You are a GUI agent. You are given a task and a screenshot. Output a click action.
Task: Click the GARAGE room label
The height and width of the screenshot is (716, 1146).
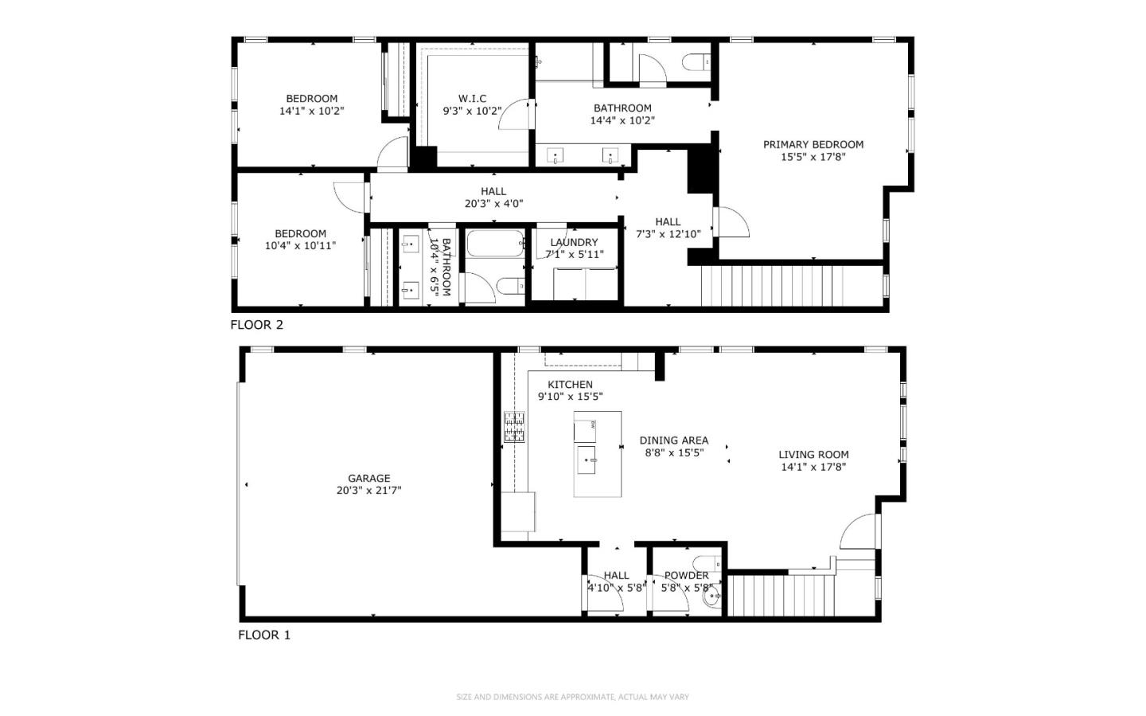point(368,479)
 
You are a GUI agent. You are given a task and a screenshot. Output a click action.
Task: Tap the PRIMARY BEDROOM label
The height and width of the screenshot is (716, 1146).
point(813,144)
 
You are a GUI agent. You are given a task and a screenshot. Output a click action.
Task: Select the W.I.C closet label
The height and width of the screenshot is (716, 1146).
point(472,99)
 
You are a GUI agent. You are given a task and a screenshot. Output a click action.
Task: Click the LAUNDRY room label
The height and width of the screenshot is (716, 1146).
point(574,242)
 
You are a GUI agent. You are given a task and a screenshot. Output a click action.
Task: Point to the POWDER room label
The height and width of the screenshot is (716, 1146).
point(686,575)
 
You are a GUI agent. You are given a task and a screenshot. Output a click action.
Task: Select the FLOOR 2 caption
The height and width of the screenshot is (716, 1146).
point(256,325)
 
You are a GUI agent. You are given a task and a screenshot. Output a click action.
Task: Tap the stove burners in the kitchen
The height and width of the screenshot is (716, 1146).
point(514,427)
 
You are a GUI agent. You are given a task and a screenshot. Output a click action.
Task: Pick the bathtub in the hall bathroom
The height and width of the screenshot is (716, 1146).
point(495,243)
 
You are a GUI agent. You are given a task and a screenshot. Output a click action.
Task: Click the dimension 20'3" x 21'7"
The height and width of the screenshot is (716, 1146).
point(368,491)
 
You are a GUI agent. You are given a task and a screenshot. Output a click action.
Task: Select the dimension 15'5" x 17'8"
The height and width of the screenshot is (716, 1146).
point(813,157)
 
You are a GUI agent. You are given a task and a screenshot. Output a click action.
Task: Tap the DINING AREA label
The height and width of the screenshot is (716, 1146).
point(673,440)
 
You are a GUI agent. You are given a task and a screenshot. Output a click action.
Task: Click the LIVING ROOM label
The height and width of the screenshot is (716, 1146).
point(813,455)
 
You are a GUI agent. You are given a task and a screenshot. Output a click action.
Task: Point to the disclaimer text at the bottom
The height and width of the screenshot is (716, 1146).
point(572,697)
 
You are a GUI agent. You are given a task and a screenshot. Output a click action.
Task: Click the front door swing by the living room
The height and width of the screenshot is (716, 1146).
point(858,532)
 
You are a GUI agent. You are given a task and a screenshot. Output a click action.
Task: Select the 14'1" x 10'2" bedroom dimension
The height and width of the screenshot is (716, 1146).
point(311,112)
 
